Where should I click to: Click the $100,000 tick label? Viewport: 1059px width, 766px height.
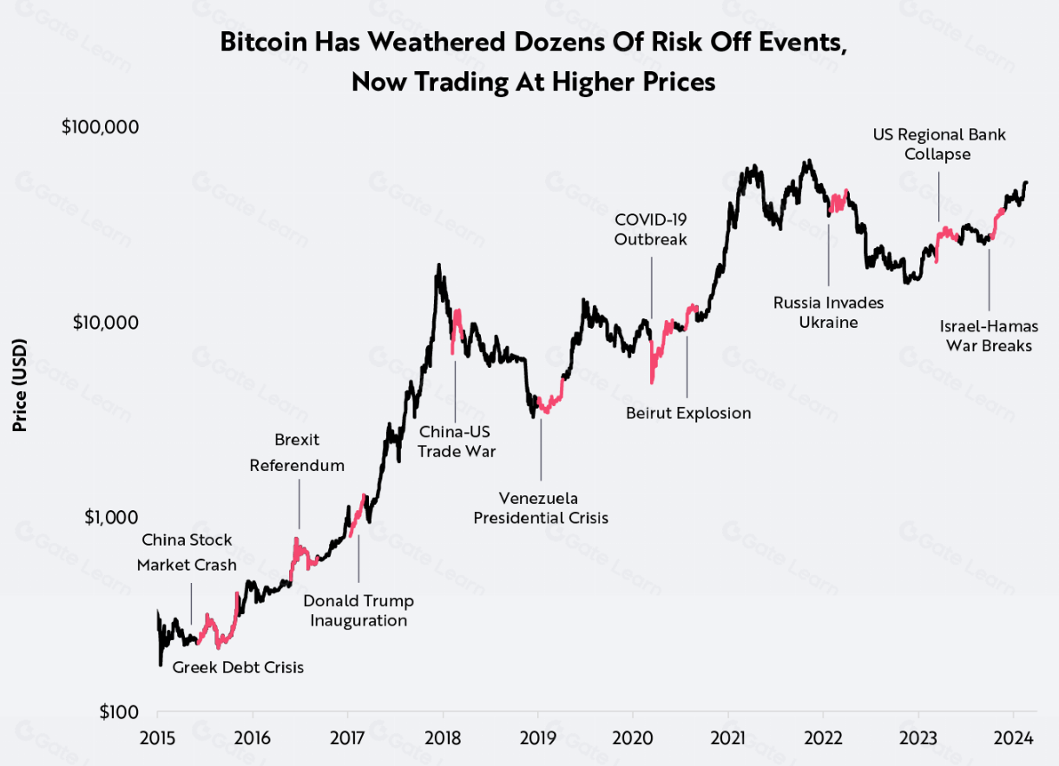pyautogui.click(x=101, y=127)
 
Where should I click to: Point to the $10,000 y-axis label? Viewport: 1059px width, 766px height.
pyautogui.click(x=105, y=322)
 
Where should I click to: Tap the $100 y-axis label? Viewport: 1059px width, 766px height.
pyautogui.click(x=120, y=713)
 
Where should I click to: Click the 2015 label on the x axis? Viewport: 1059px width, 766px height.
pyautogui.click(x=158, y=738)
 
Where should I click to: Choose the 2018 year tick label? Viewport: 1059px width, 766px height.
pyautogui.click(x=443, y=738)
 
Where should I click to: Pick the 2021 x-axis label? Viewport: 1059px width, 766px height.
pyautogui.click(x=728, y=738)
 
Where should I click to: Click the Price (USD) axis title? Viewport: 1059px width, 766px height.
pyautogui.click(x=20, y=384)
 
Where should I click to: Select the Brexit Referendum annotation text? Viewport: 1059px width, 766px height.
pyautogui.click(x=297, y=453)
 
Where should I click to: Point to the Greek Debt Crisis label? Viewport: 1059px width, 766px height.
pyautogui.click(x=238, y=668)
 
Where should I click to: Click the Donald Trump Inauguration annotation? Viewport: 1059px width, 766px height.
pyautogui.click(x=358, y=611)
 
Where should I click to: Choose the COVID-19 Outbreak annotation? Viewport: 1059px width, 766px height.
pyautogui.click(x=651, y=228)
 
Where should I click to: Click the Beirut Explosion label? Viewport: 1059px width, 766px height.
pyautogui.click(x=688, y=413)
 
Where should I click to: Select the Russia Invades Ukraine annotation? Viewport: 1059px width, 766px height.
pyautogui.click(x=828, y=312)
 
